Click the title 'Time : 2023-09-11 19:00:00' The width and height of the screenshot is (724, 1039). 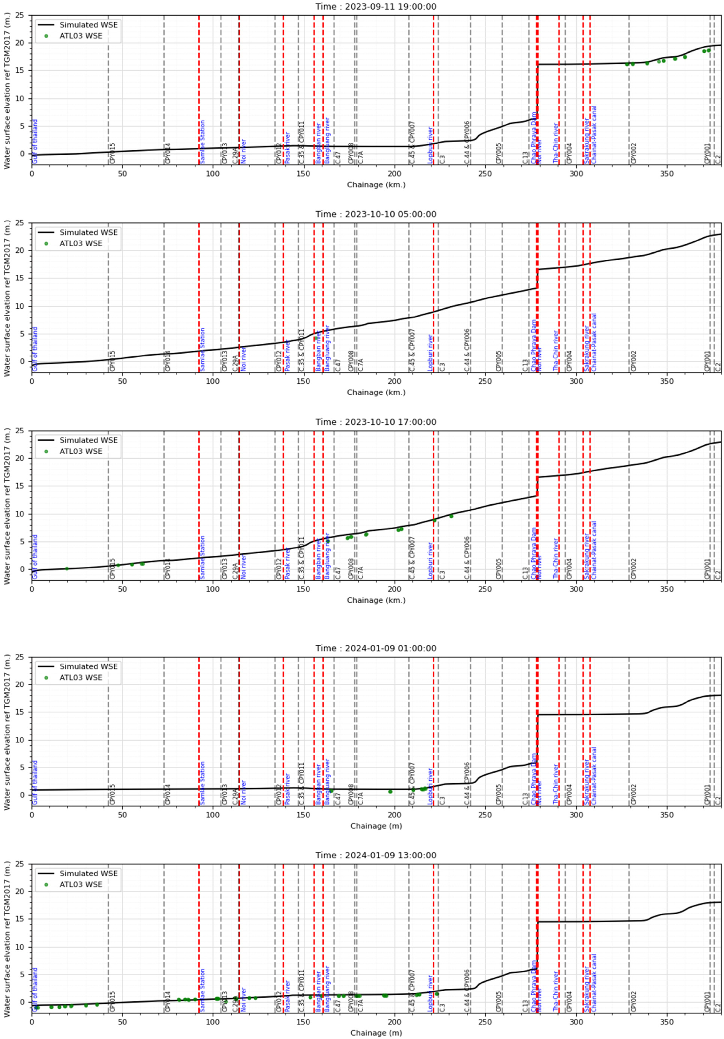[376, 6]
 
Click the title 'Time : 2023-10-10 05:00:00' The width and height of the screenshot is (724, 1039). [376, 214]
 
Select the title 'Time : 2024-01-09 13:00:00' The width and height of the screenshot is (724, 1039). [376, 855]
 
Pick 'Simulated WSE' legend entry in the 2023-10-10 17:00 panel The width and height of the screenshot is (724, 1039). [88, 440]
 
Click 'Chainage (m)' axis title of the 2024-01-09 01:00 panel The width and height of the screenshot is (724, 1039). [376, 826]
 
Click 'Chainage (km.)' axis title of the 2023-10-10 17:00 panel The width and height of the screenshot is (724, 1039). [376, 600]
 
